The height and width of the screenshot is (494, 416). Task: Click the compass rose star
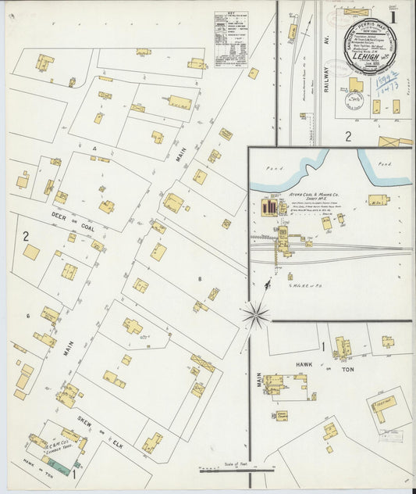point(254,316)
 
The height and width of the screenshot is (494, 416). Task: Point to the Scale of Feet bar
point(236,469)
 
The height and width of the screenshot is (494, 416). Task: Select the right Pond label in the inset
point(382,165)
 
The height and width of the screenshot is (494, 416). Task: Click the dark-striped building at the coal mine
point(269,207)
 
